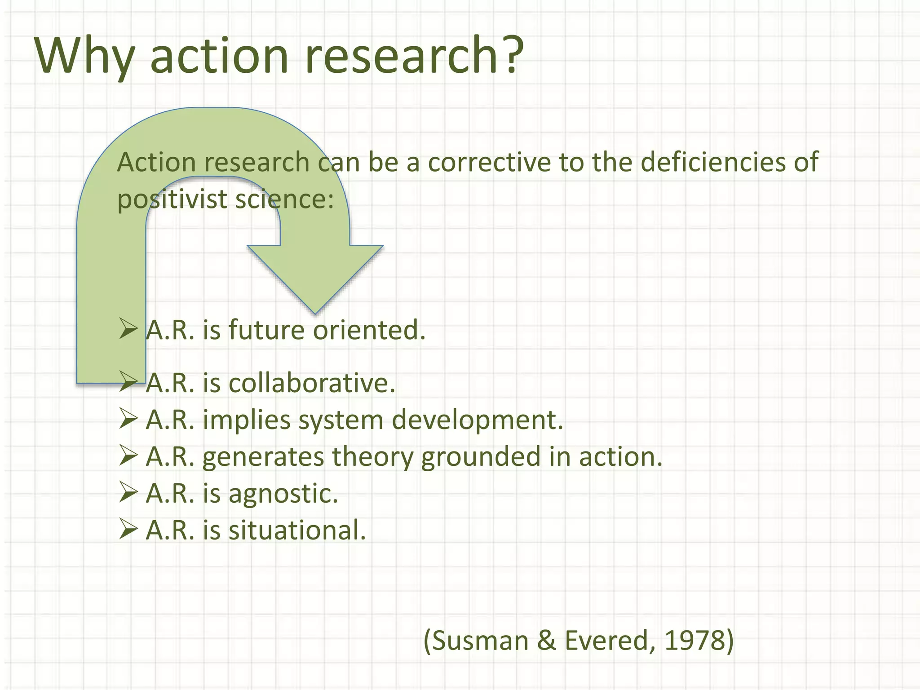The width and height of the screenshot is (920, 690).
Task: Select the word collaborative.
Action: (311, 383)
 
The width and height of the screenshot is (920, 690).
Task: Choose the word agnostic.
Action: (283, 494)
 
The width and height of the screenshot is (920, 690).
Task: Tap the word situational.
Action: (297, 531)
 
